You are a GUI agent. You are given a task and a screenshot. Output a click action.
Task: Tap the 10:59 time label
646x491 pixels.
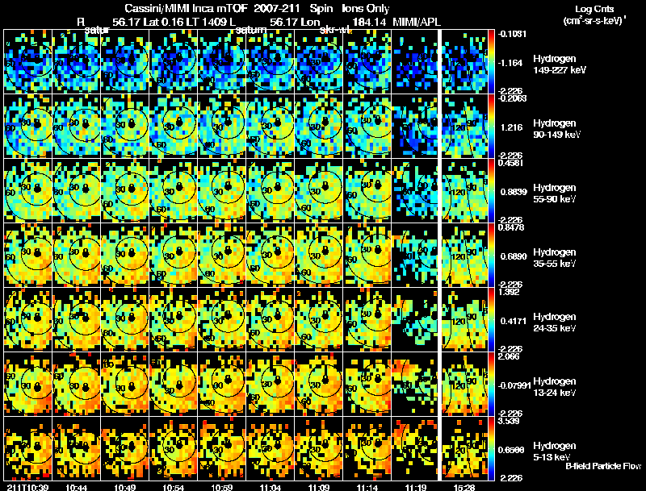click(x=223, y=486)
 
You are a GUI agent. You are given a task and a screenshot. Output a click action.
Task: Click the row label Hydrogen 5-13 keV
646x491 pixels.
click(x=555, y=451)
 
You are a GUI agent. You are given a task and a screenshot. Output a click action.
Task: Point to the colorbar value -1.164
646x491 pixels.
click(x=513, y=62)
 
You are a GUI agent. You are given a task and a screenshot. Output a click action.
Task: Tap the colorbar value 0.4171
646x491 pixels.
click(x=513, y=321)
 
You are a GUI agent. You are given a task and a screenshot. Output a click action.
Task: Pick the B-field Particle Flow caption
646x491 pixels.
click(x=603, y=466)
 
